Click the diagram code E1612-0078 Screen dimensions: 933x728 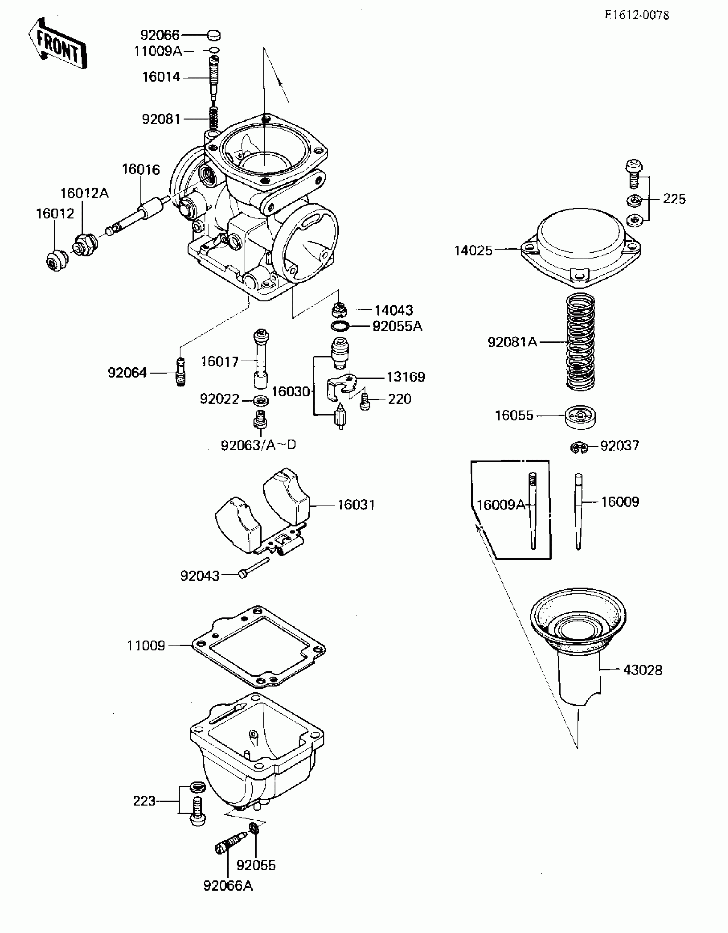tap(637, 15)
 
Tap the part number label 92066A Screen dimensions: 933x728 tap(228, 885)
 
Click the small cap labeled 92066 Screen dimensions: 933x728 tap(214, 35)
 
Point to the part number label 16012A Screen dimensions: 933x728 tap(85, 194)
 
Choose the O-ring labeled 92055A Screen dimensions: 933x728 tap(340, 326)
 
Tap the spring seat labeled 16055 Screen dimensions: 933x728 tap(580, 416)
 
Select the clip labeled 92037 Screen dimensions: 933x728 tap(579, 447)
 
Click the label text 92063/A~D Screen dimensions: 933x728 tap(259, 445)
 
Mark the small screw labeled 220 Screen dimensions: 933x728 tap(365, 402)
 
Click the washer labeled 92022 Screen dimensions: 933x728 tap(260, 401)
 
